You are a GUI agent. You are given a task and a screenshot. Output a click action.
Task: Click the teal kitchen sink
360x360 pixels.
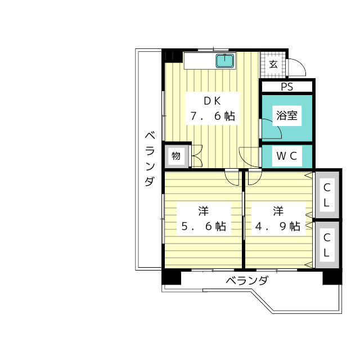click(225, 61)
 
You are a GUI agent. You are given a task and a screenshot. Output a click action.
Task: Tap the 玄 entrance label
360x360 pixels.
click(273, 65)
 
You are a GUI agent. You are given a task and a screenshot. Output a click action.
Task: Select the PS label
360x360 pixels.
click(287, 87)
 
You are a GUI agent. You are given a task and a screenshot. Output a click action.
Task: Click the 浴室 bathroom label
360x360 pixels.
click(287, 115)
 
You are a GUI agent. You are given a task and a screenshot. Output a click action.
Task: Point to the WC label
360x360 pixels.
click(287, 156)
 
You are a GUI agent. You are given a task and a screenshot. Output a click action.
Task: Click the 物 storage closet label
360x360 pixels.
click(176, 156)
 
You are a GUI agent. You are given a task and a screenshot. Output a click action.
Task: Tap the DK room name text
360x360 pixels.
click(213, 101)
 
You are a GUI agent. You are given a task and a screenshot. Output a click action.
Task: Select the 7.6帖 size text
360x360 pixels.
click(213, 116)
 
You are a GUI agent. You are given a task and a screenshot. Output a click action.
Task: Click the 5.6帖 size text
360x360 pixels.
click(204, 226)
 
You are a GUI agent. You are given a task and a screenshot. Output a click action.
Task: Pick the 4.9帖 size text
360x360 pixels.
click(278, 226)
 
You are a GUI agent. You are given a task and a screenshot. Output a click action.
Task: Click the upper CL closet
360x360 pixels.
click(327, 195)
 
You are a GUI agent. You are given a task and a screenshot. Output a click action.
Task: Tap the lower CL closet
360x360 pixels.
click(327, 245)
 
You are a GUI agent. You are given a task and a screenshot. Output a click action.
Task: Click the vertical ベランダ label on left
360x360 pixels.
click(150, 159)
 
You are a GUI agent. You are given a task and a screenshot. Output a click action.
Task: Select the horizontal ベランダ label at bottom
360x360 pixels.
click(247, 281)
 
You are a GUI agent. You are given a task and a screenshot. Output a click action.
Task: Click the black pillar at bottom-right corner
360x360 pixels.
click(332, 277)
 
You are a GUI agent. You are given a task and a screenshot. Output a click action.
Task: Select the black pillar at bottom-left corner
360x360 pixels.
click(171, 277)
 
